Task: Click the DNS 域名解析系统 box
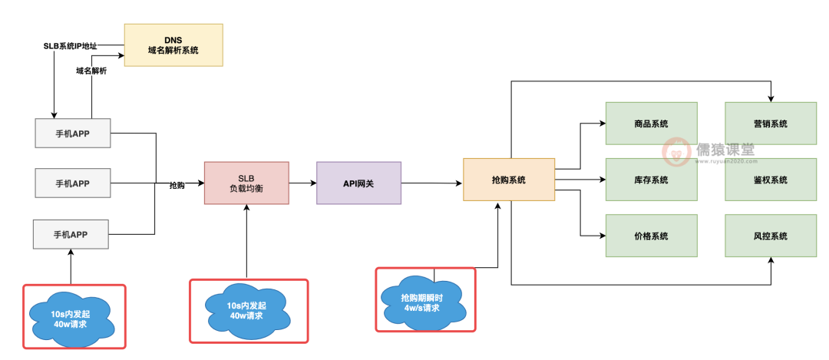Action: point(173,45)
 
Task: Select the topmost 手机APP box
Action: point(73,133)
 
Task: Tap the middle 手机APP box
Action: point(73,183)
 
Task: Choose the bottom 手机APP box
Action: point(71,233)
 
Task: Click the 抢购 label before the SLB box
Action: point(177,186)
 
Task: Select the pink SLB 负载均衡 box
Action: point(246,183)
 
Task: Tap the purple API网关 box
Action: point(358,183)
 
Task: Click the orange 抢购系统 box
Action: point(508,180)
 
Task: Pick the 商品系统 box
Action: point(651,123)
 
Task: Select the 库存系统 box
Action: point(651,180)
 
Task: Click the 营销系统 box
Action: point(770,123)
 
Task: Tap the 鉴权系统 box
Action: point(770,180)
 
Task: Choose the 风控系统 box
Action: point(770,236)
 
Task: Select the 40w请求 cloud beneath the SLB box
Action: point(246,309)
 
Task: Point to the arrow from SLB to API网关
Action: point(302,183)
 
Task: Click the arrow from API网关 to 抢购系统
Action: point(431,183)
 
